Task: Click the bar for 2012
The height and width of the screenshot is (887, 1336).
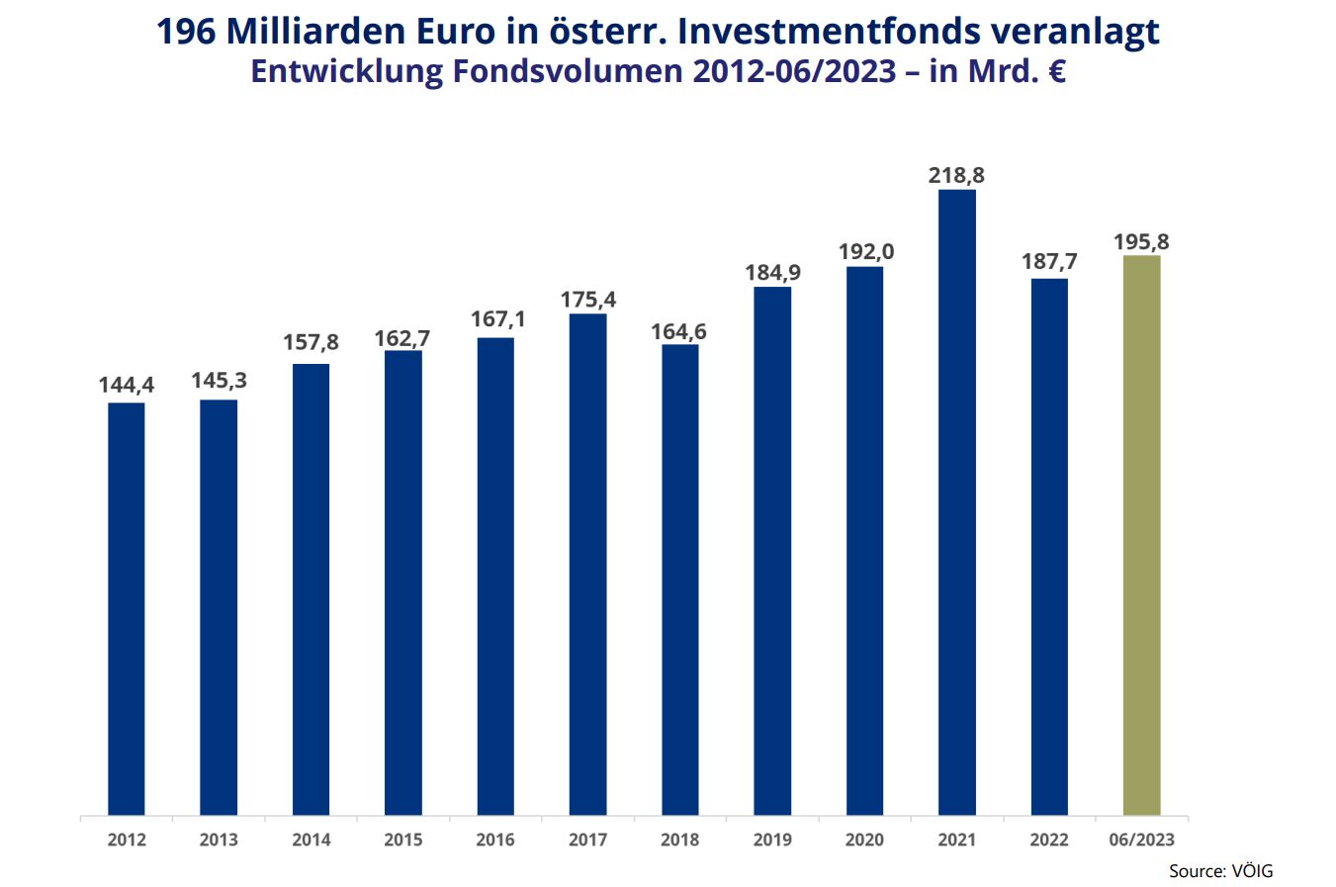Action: coord(127,608)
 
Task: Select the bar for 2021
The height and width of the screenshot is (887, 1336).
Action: coord(957,501)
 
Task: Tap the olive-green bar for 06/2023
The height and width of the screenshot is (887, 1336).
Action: coord(1141,535)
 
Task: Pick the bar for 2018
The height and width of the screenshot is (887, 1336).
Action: coord(680,579)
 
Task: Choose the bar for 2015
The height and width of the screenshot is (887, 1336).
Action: coord(403,582)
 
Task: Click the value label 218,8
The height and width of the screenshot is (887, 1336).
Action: coord(956,176)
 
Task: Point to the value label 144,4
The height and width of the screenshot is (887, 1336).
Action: coord(127,385)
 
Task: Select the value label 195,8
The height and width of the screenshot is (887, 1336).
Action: coord(1141,242)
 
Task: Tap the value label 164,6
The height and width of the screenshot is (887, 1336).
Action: coord(679,331)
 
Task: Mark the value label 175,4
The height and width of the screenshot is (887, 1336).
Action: coord(588,300)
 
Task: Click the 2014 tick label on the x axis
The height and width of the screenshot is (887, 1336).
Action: coord(312,840)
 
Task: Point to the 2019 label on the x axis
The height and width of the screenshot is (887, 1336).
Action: coord(772,840)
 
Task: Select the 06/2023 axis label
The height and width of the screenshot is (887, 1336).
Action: coord(1141,840)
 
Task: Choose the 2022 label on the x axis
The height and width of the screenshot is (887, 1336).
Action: coord(1049,840)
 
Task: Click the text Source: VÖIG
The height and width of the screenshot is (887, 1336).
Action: coord(1220,871)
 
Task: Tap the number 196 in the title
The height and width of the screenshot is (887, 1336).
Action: coord(187,32)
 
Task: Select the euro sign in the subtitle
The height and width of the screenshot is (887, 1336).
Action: coord(1056,72)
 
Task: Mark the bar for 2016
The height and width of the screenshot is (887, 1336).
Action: coord(495,577)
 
